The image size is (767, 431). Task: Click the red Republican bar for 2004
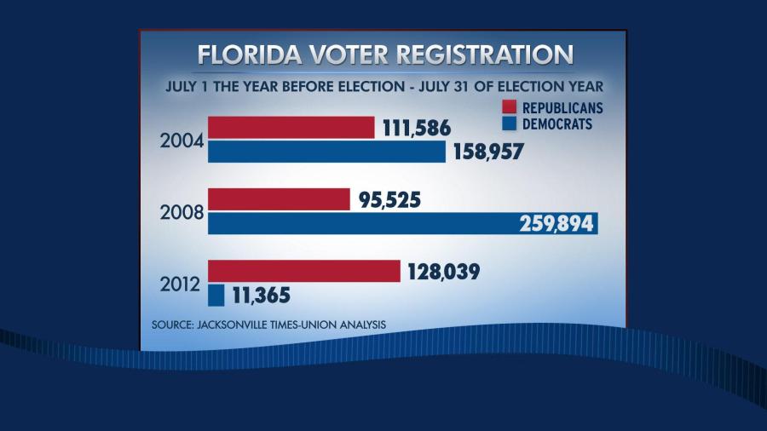pos(291,128)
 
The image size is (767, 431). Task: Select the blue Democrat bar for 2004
pos(326,152)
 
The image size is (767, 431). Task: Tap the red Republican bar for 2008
pos(279,199)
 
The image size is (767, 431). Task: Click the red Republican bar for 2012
pos(303,271)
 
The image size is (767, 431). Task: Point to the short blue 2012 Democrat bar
pos(216,295)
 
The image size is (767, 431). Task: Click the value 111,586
pos(416,129)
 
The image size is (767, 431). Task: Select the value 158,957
pos(487,152)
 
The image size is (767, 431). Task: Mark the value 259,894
pos(557,224)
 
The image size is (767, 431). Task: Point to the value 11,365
pos(262,296)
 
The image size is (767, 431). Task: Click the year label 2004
pos(182,141)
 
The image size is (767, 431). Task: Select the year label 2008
pos(182,212)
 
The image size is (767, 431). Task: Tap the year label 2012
pos(182,284)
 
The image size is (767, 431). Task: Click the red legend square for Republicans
pos(510,107)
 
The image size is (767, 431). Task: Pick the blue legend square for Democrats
pos(510,124)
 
